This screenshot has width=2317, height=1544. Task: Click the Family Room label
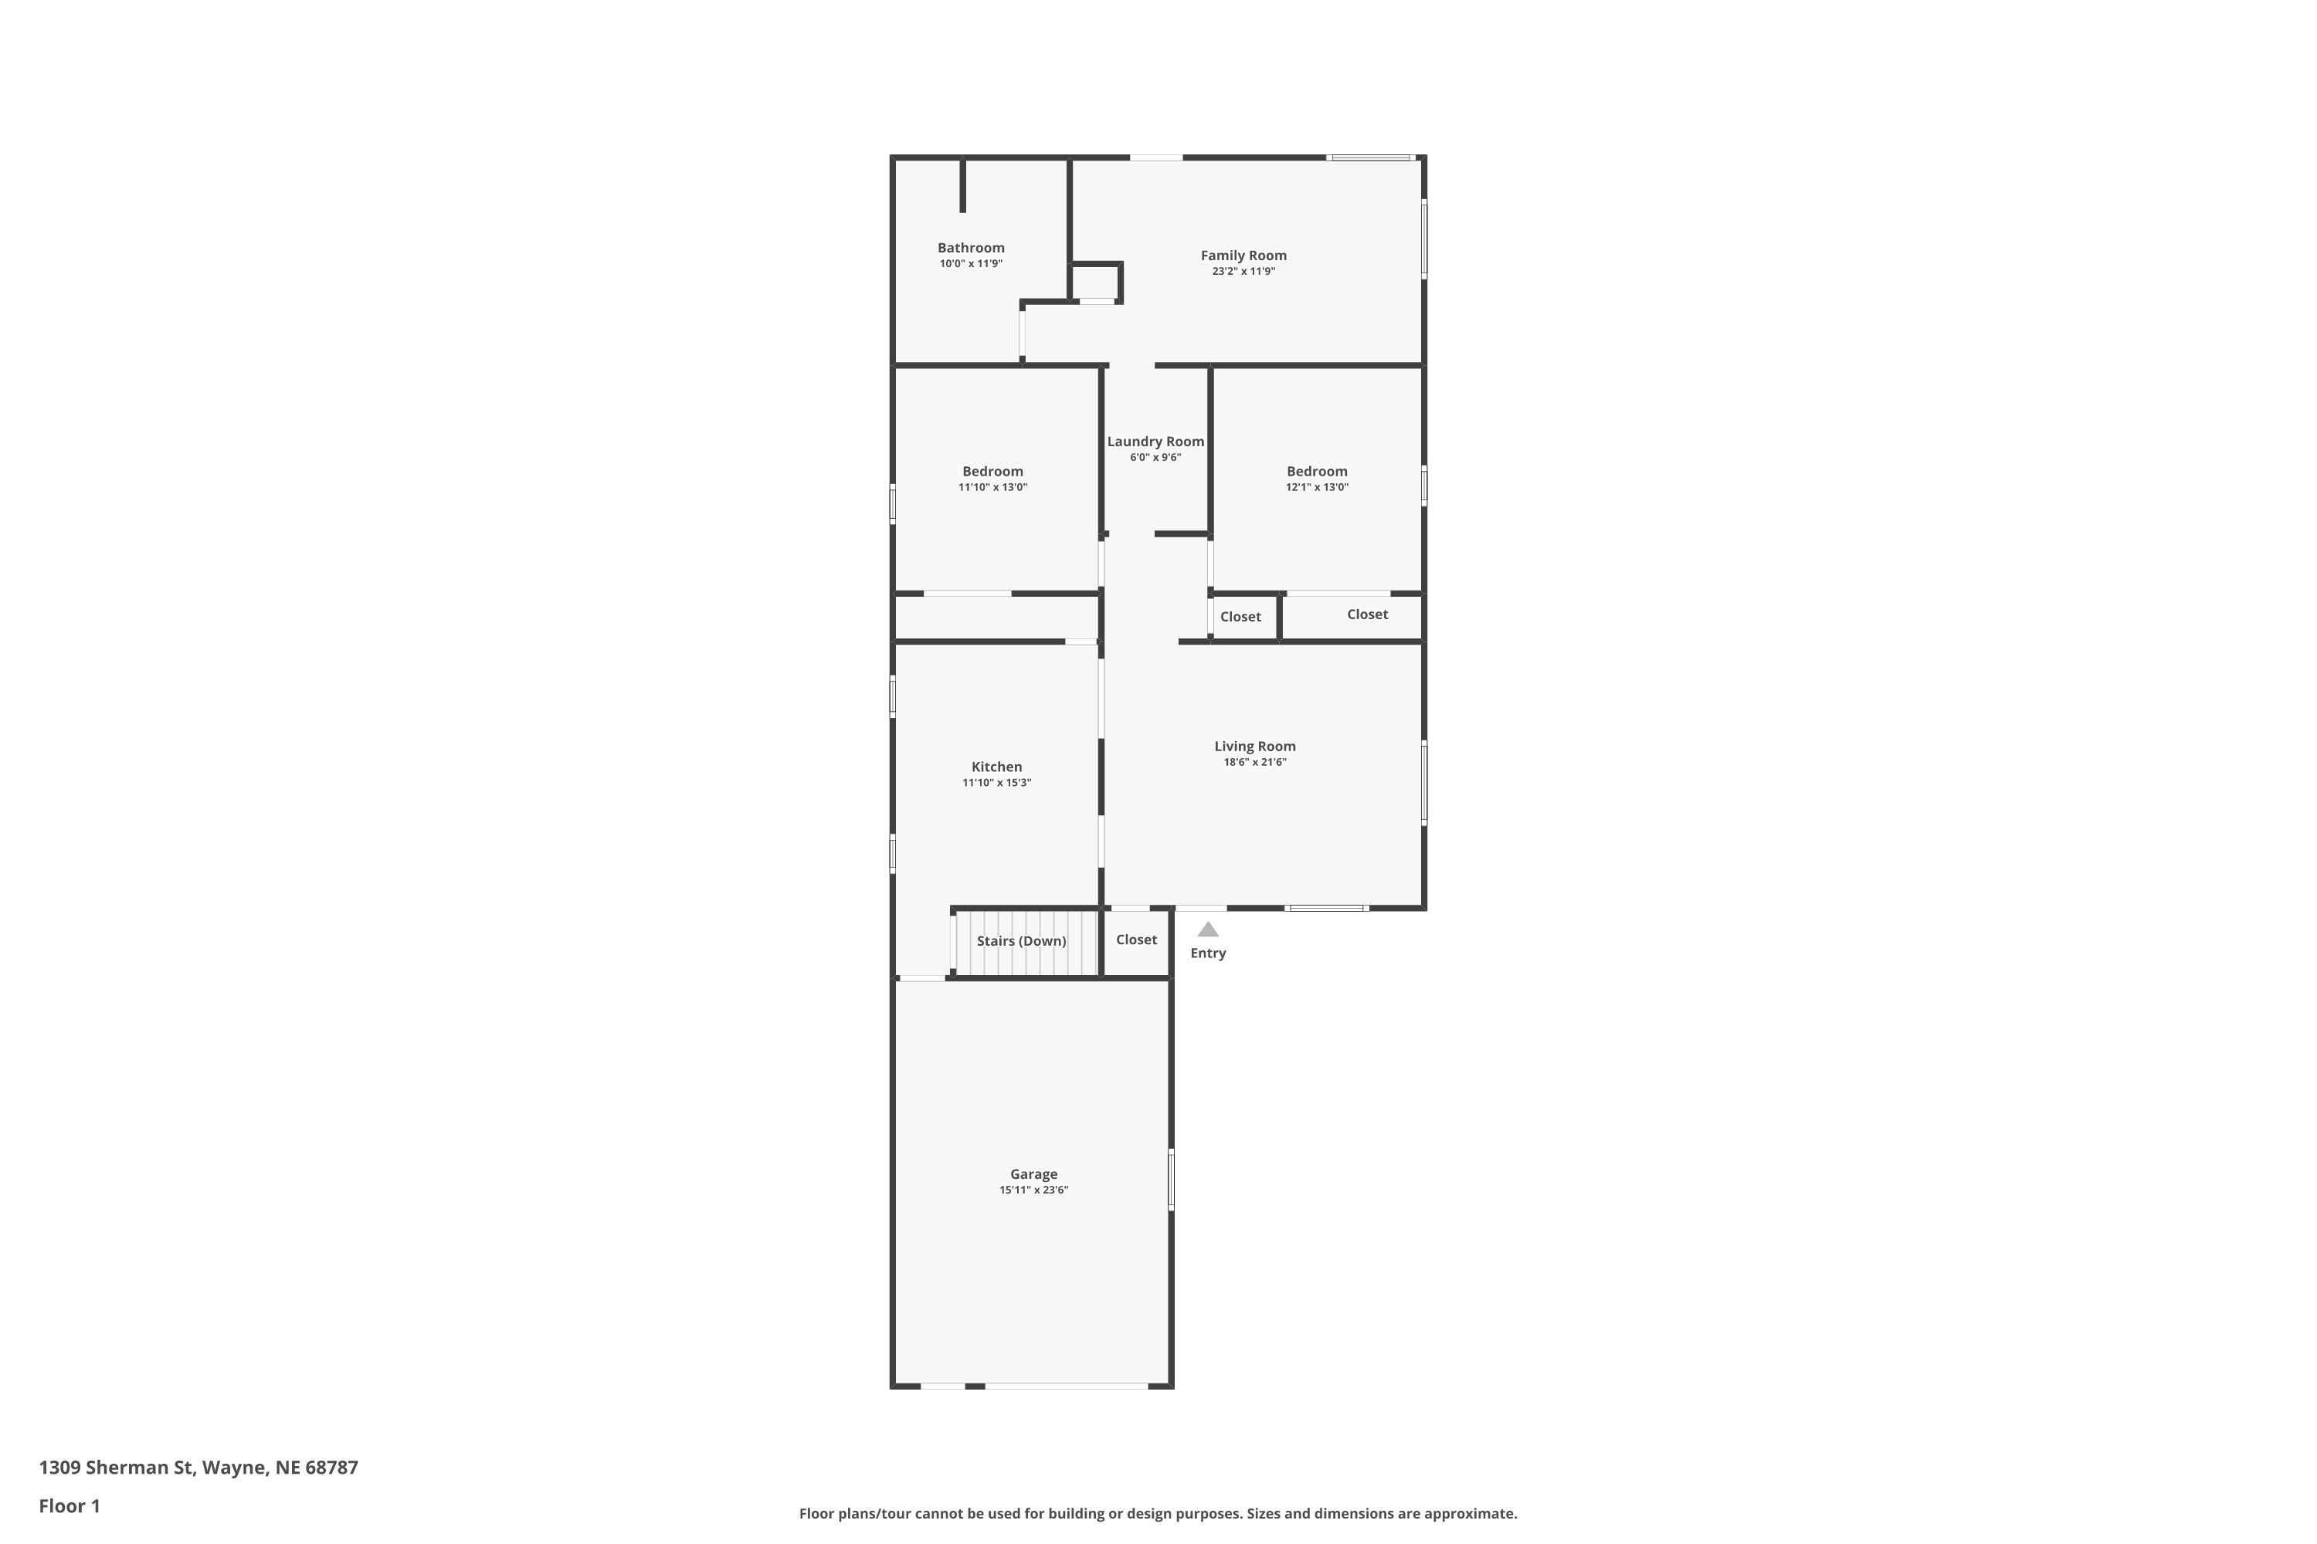tap(1243, 255)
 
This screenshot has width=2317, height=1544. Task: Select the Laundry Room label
tap(1155, 441)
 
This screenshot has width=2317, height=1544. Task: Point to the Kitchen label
tap(996, 766)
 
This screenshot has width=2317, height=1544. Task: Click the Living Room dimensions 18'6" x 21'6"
tap(1255, 762)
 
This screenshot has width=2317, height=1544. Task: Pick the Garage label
tap(1033, 1173)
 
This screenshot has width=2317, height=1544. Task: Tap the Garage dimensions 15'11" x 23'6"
tap(1033, 1190)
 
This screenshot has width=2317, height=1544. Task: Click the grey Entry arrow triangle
tap(1208, 929)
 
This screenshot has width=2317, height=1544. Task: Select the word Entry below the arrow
tap(1208, 953)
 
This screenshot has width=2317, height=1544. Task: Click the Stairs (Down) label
tap(1022, 941)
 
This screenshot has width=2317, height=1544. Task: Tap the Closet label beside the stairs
tap(1136, 940)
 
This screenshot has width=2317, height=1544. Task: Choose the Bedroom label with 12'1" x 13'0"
tap(1316, 471)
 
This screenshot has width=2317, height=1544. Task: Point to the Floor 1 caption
tap(69, 1505)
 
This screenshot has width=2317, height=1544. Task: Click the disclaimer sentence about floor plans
tap(1158, 1513)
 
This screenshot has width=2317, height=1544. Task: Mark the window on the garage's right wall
tap(1172, 1179)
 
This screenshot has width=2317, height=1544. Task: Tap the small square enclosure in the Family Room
tap(1095, 283)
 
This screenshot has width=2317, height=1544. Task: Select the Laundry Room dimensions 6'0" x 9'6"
tap(1155, 458)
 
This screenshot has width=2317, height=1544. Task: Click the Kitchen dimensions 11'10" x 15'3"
tap(996, 783)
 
